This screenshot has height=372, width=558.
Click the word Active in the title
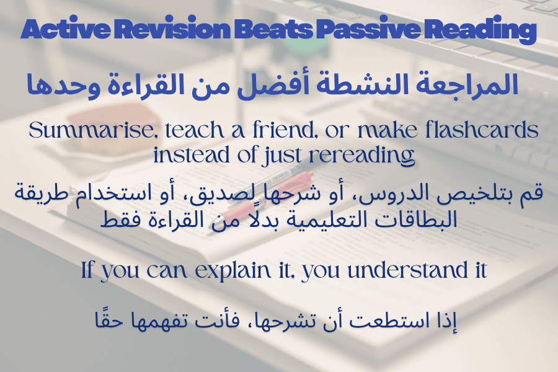(x=66, y=29)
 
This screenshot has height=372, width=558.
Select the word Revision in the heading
(x=173, y=29)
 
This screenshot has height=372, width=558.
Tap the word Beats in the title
(x=273, y=29)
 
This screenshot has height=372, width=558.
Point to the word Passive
(x=369, y=29)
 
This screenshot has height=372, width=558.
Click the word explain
(x=232, y=270)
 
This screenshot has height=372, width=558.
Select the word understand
(x=408, y=270)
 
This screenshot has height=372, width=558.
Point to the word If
(x=87, y=270)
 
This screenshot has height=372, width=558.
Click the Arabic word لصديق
(x=285, y=194)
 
